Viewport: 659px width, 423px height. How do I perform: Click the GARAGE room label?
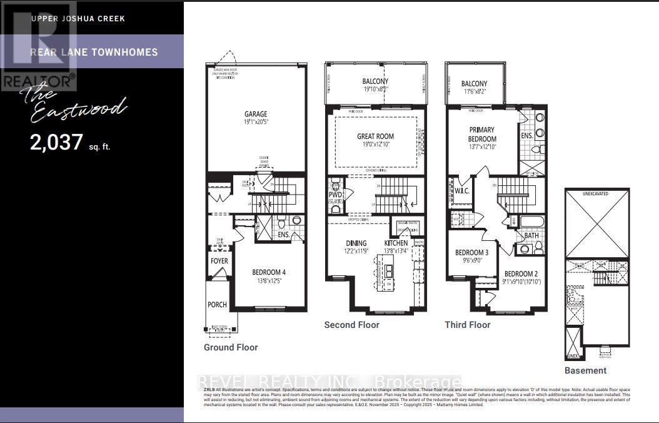pos(256,114)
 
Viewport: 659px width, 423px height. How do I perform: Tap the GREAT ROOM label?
pos(375,136)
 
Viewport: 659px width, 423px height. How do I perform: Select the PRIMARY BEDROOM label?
pos(483,135)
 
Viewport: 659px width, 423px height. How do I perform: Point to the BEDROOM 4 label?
pos(269,272)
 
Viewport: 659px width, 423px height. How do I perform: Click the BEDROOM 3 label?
pos(471,253)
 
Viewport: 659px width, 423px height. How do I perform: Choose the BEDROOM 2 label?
pos(521,274)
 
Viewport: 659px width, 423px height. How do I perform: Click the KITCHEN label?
pos(396,243)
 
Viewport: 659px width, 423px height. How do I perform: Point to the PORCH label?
pos(217,305)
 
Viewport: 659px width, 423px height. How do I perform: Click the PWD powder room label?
pos(336,195)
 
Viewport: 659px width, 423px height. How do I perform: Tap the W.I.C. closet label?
pos(462,191)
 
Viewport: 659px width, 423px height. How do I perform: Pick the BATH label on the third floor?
pos(531,236)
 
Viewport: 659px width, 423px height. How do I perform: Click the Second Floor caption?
pos(351,325)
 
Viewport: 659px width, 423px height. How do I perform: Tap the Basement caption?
pos(585,370)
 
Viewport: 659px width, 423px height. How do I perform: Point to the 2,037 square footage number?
pos(56,143)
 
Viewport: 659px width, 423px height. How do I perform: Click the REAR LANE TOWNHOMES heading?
pos(94,52)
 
